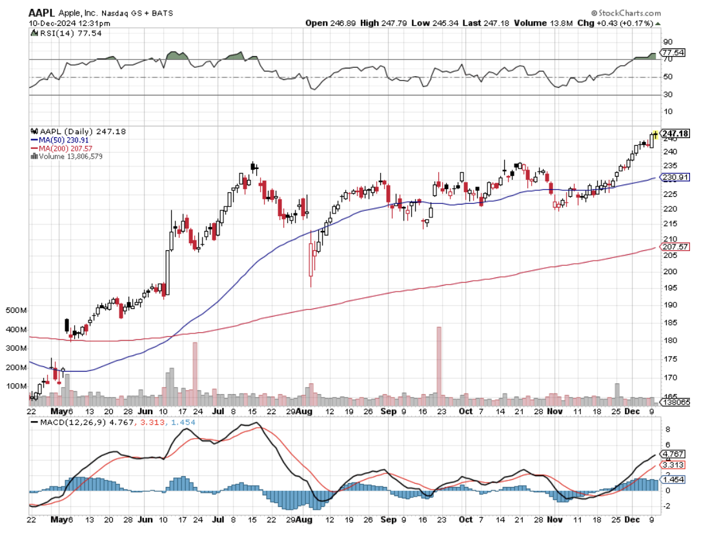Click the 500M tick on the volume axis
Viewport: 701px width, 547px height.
(16, 310)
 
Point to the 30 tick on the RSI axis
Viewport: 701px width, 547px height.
(668, 95)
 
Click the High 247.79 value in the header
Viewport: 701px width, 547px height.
(380, 23)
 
